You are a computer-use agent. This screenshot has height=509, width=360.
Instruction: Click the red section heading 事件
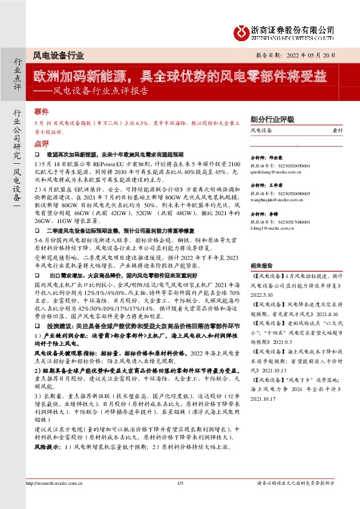(x=41, y=112)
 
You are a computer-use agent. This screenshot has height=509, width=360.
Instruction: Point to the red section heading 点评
(x=41, y=144)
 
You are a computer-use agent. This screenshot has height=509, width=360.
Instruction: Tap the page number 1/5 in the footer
(x=180, y=500)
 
